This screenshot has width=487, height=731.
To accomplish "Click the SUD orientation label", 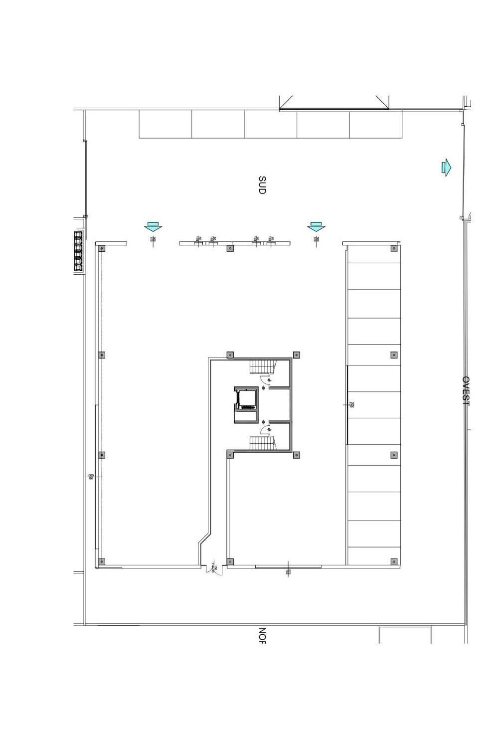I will pos(262,185).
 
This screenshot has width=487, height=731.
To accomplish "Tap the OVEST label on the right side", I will pos(466,391).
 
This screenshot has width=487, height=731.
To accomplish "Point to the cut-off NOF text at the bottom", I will pos(262,635).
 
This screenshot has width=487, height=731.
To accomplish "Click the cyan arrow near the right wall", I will pos(446,167).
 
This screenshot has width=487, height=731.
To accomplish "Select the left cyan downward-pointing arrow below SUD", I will pos(153,227).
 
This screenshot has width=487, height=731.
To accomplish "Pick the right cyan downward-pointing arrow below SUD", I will pos(316,227).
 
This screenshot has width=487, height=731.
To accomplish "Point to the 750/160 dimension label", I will pos(351,405).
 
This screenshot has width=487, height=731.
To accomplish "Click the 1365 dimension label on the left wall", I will pos(91,477).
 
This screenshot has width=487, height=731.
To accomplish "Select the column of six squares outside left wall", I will pos(78,251).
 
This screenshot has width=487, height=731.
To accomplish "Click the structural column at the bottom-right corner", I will pos(394,562).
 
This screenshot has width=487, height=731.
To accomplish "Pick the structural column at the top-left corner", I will pos(102,248).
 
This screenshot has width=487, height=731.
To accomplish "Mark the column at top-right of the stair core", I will pos(297,355).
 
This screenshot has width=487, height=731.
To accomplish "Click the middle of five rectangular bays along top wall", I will pos(270,124).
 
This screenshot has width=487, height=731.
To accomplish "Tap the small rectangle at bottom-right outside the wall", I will pos(405,635).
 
